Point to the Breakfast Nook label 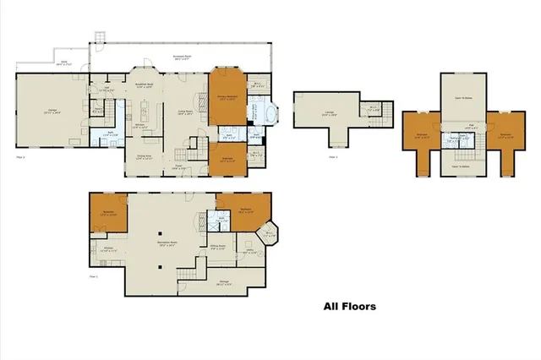144,85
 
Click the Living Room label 185,113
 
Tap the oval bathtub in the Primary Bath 271,114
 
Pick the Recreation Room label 167,244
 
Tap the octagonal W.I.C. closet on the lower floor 266,234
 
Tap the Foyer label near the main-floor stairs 179,168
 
